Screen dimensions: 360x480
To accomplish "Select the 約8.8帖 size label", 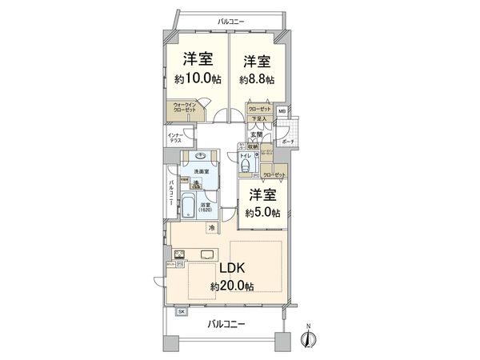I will click(x=256, y=80).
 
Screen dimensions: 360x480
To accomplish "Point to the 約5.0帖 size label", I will click(x=262, y=213).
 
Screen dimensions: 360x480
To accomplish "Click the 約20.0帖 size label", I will click(x=232, y=286).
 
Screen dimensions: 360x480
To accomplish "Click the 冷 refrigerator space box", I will click(x=211, y=229).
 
